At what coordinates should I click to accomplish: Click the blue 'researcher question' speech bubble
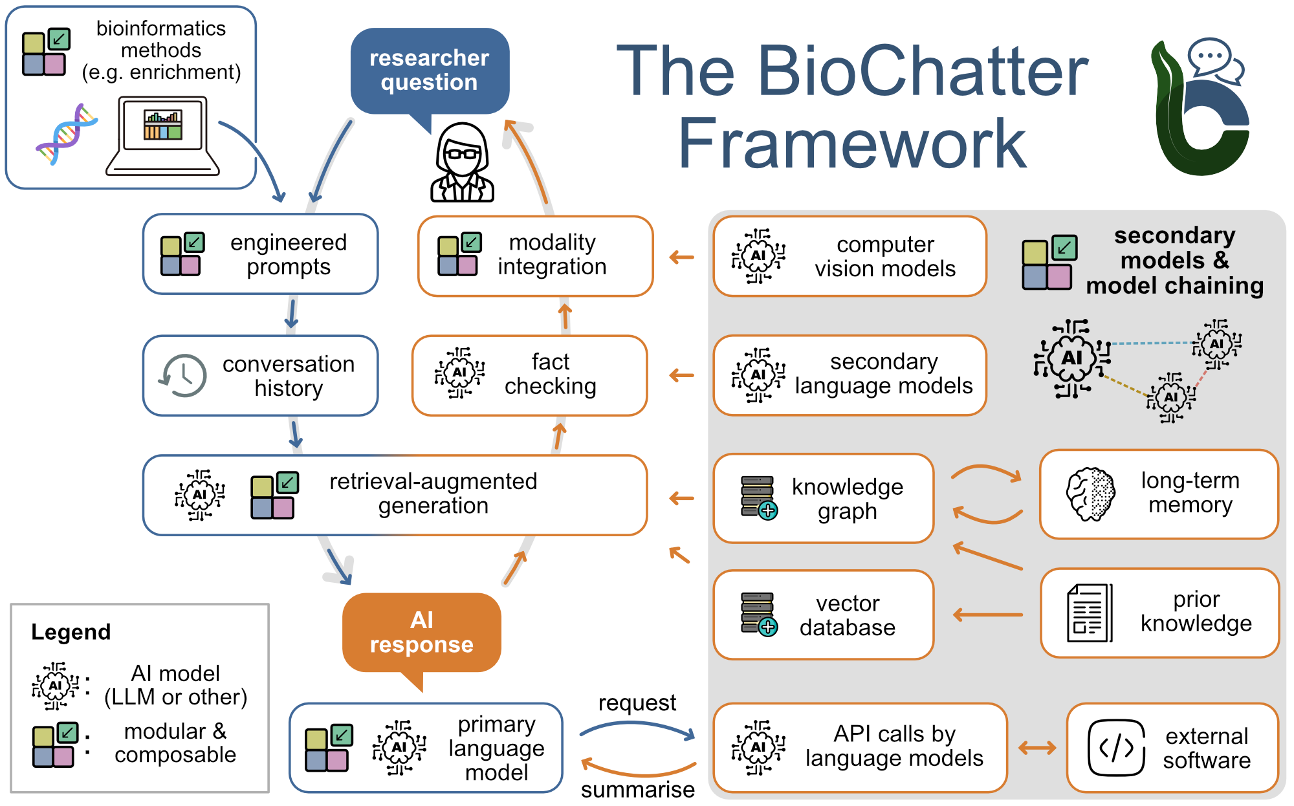click(x=429, y=71)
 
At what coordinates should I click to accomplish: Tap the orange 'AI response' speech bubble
click(x=421, y=632)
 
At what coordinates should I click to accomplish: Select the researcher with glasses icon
click(x=462, y=163)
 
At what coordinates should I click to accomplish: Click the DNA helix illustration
click(x=66, y=134)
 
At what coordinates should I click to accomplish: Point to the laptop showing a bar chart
click(x=163, y=136)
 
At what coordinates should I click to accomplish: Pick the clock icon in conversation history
click(x=184, y=375)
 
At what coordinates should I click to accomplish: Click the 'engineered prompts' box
click(x=260, y=254)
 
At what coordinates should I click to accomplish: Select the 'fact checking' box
click(x=529, y=375)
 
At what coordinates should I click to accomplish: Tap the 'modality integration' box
click(x=535, y=256)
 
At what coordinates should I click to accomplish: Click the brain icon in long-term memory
click(x=1091, y=494)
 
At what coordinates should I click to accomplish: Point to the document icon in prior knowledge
click(x=1089, y=613)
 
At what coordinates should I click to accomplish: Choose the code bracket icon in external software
click(x=1116, y=748)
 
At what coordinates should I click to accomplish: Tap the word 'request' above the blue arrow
click(x=637, y=703)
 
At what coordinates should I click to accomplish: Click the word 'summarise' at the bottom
click(x=637, y=789)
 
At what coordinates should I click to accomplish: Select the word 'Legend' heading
click(x=71, y=631)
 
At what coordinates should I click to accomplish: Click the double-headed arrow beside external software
click(x=1036, y=748)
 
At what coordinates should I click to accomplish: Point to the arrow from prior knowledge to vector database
click(x=988, y=615)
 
